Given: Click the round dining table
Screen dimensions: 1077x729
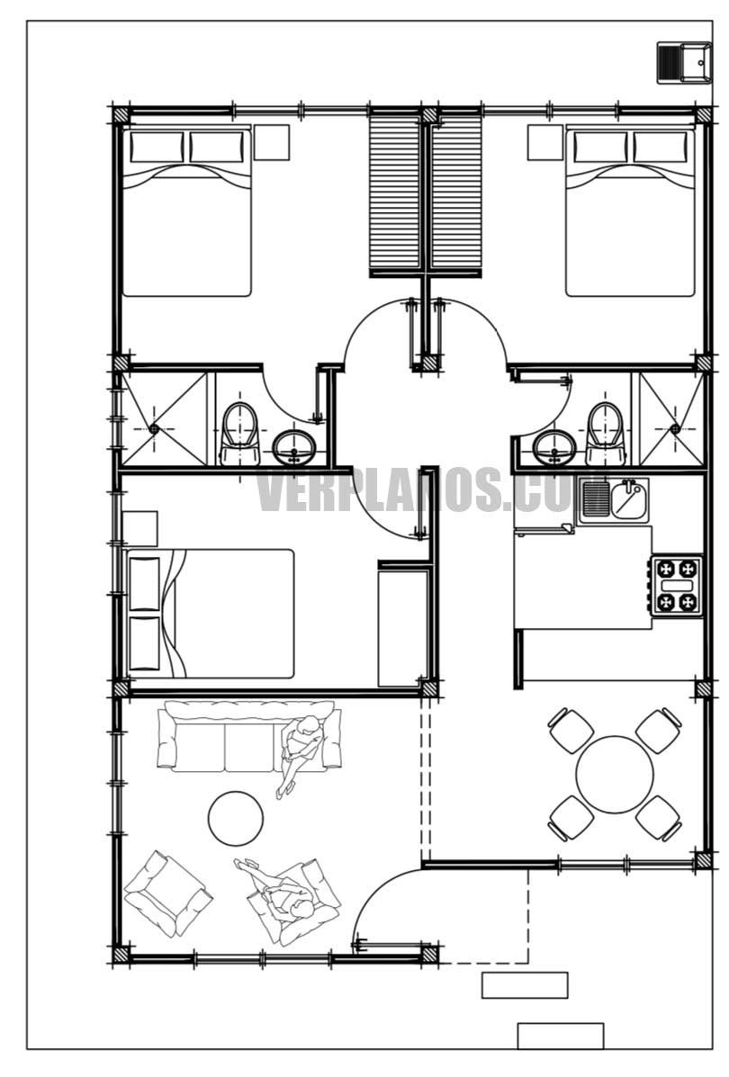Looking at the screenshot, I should [615, 775].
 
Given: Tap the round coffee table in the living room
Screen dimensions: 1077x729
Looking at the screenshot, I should [236, 818].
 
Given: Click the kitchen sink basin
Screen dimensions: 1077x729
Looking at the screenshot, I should [628, 501].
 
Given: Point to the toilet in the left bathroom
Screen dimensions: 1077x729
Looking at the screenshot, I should [238, 429].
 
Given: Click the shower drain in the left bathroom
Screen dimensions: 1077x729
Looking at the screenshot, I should [154, 429].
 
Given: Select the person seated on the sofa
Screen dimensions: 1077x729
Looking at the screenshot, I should [301, 747].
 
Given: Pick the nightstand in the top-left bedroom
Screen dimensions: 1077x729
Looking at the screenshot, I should [271, 142].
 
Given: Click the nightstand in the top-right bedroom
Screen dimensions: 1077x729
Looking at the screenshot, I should [544, 142].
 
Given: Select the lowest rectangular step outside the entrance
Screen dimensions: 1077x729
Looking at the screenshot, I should [560, 1036].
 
